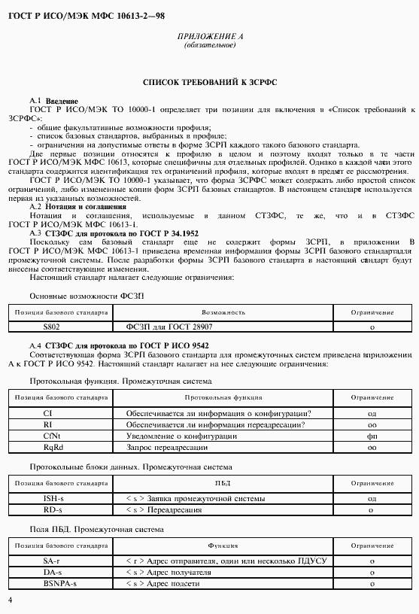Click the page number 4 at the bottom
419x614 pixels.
coord(9,600)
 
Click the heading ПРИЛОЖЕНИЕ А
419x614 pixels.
coord(210,36)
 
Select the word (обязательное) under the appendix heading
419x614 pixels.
coord(210,45)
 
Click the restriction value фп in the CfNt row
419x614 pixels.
coord(372,436)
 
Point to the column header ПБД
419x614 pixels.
coord(223,482)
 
